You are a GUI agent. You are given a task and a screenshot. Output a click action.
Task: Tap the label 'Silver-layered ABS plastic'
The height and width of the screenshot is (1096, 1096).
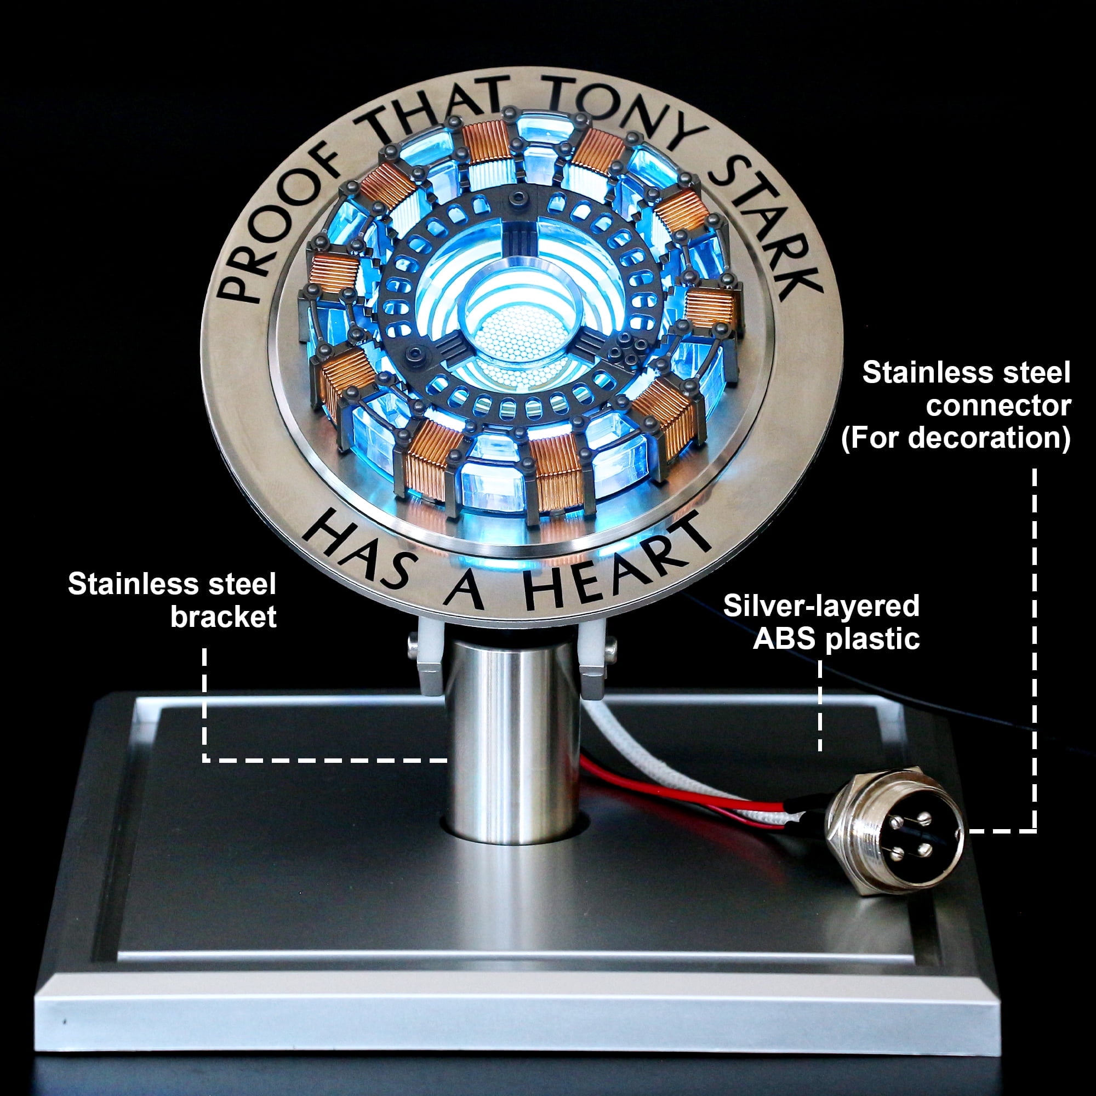coord(821,623)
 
